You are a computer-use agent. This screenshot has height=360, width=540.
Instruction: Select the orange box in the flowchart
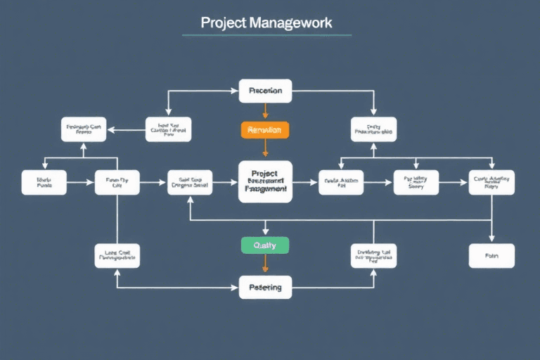click(265, 130)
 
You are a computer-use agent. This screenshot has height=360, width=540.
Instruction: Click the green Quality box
click(265, 245)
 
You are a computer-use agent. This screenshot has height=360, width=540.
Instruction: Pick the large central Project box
click(265, 181)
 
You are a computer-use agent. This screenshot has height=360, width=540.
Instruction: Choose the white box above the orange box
click(265, 91)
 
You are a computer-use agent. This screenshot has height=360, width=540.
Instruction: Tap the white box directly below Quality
click(265, 287)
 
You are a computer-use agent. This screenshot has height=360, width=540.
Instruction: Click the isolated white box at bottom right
click(491, 256)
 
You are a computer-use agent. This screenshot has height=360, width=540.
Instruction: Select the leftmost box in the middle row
click(44, 182)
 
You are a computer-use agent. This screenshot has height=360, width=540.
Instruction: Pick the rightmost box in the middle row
click(491, 182)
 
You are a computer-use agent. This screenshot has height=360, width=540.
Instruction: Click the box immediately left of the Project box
click(191, 182)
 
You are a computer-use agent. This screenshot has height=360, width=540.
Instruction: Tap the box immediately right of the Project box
click(341, 182)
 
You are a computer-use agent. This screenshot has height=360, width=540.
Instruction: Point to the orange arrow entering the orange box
click(265, 111)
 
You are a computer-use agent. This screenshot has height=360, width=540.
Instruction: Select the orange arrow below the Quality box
click(265, 264)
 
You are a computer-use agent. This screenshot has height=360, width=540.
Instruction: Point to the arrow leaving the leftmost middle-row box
click(80, 182)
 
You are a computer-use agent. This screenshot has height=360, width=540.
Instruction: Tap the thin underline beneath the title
click(266, 34)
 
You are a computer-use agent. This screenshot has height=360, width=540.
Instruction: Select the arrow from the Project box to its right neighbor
click(304, 182)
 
